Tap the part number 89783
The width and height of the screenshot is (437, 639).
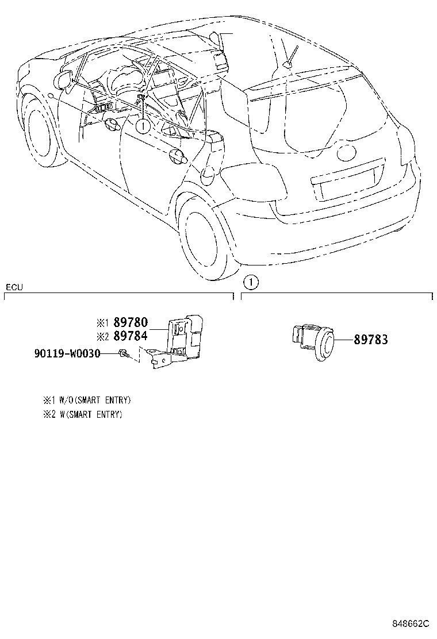370,340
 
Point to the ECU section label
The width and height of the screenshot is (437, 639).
14,287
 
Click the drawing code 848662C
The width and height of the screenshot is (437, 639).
411,623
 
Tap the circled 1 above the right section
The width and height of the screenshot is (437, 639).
251,282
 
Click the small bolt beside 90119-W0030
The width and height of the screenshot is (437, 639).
122,353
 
